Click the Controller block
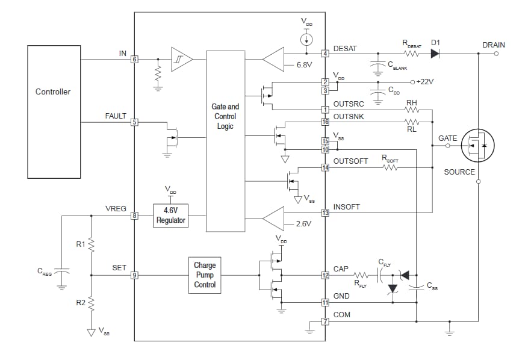tap(54, 111)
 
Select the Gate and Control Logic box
tap(225, 141)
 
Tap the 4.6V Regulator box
tap(171, 216)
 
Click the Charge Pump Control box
tap(205, 275)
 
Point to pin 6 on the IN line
tap(134, 59)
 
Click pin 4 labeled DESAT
tap(325, 54)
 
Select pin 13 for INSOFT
tap(325, 213)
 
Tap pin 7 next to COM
tap(325, 321)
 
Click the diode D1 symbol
tap(435, 54)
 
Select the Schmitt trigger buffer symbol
tap(182, 59)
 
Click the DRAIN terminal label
tap(493, 45)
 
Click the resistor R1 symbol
tap(90, 244)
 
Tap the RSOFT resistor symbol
tap(390, 167)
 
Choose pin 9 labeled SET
tap(134, 275)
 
